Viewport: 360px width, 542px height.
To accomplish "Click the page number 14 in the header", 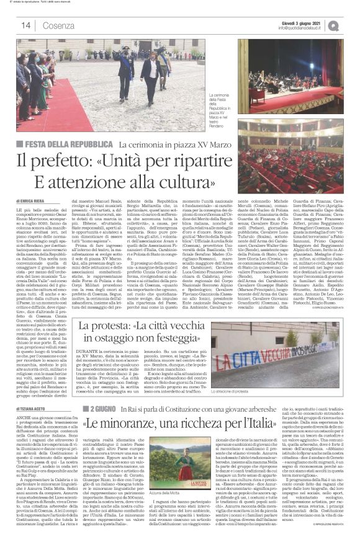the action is (26, 25).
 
